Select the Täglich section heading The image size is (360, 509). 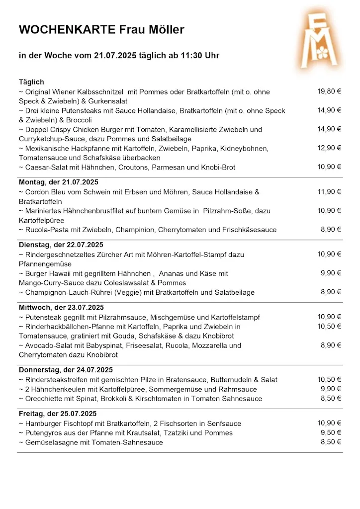31,82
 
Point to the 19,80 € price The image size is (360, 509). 329,91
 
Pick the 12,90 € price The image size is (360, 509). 329,148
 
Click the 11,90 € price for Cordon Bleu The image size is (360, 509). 329,191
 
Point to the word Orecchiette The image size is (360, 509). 45,399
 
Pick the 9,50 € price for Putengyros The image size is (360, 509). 331,432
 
